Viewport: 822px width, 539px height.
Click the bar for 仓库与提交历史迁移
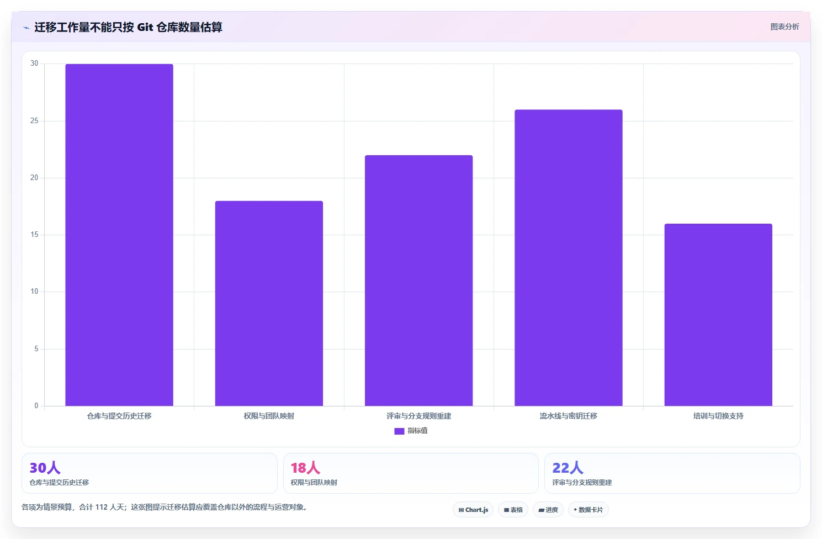coord(119,235)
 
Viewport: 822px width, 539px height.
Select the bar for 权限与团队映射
coord(269,303)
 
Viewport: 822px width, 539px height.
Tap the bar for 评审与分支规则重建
coord(418,281)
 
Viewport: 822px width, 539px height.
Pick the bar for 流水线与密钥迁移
coord(569,258)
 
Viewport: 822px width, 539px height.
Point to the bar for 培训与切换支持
coord(718,315)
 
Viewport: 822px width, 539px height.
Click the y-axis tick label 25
coord(34,121)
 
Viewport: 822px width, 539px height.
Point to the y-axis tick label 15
coord(34,235)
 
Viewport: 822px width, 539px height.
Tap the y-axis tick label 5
coord(36,349)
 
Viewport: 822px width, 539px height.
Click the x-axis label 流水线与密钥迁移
coord(569,416)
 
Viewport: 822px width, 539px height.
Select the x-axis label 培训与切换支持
coord(718,416)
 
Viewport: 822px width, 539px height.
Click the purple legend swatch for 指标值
coord(399,431)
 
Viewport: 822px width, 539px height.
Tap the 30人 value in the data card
coord(45,468)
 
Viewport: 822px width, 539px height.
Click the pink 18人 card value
coord(305,468)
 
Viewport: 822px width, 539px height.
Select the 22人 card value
coord(568,468)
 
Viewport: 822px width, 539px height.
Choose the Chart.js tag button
coord(473,510)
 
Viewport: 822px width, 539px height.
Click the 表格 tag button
coord(513,510)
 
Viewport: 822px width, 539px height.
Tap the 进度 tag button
coord(548,510)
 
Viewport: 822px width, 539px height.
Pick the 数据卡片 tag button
coord(588,510)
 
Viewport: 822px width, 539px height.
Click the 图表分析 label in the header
coord(784,27)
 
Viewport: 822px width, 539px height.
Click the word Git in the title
coord(145,27)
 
